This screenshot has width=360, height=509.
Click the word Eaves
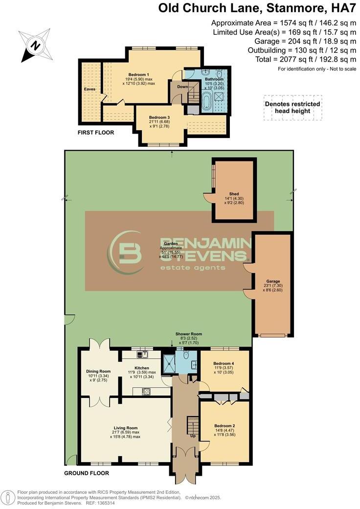pyautogui.click(x=89, y=90)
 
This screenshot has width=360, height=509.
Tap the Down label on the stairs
pyautogui.click(x=182, y=87)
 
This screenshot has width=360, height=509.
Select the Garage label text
pyautogui.click(x=273, y=281)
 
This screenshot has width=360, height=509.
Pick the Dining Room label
pyautogui.click(x=98, y=371)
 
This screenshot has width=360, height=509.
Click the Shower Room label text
pyautogui.click(x=189, y=334)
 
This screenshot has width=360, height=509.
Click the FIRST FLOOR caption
pyautogui.click(x=96, y=133)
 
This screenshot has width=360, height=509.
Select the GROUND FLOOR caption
pyautogui.click(x=87, y=473)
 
